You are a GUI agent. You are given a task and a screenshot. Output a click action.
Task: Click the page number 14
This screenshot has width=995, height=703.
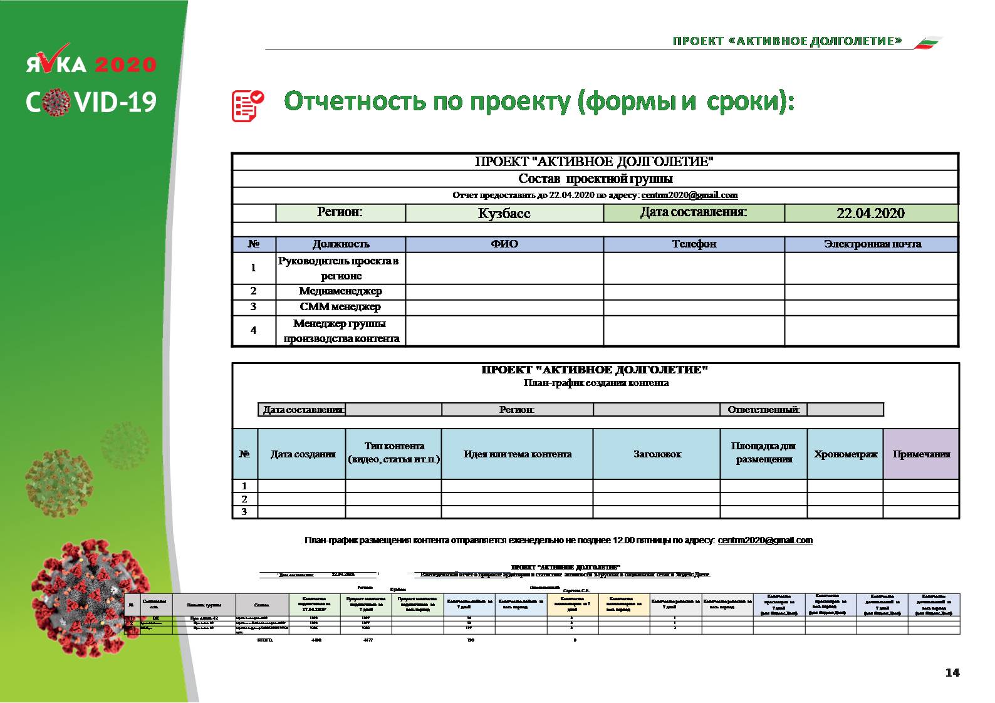pyautogui.click(x=952, y=673)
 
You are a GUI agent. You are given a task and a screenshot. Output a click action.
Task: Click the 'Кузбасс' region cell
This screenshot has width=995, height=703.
pyautogui.click(x=504, y=214)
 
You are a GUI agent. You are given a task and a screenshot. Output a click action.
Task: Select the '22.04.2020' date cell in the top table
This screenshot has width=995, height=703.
pyautogui.click(x=870, y=214)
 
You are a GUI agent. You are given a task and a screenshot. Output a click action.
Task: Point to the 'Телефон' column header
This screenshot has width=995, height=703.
pyautogui.click(x=694, y=244)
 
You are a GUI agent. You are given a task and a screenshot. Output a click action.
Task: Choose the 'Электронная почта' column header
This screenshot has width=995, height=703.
pyautogui.click(x=872, y=244)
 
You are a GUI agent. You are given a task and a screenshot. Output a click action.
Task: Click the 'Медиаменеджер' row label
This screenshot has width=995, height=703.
pyautogui.click(x=340, y=291)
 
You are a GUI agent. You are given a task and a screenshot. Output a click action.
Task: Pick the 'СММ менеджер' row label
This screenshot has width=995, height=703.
pyautogui.click(x=340, y=307)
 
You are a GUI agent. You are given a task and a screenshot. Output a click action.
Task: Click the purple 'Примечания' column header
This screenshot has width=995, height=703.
pyautogui.click(x=921, y=454)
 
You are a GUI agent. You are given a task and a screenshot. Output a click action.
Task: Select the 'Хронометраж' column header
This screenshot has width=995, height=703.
pyautogui.click(x=845, y=454)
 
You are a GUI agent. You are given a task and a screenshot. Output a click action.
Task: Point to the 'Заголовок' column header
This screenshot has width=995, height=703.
pyautogui.click(x=657, y=454)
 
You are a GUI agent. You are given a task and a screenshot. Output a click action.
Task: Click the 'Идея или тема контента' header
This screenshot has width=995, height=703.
pyautogui.click(x=517, y=454)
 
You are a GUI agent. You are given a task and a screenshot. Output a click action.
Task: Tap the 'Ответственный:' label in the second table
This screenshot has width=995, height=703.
pyautogui.click(x=763, y=410)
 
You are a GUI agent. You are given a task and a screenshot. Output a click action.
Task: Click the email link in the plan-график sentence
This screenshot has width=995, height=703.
pyautogui.click(x=765, y=540)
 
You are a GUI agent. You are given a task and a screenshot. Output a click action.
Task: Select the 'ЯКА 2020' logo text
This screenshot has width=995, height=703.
pyautogui.click(x=91, y=65)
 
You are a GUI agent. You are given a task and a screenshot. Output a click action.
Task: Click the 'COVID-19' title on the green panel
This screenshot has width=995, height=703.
pyautogui.click(x=91, y=102)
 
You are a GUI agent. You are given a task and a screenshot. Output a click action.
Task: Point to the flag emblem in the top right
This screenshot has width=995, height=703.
pyautogui.click(x=927, y=43)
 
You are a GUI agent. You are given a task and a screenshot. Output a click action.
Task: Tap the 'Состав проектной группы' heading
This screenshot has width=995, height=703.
pyautogui.click(x=595, y=179)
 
